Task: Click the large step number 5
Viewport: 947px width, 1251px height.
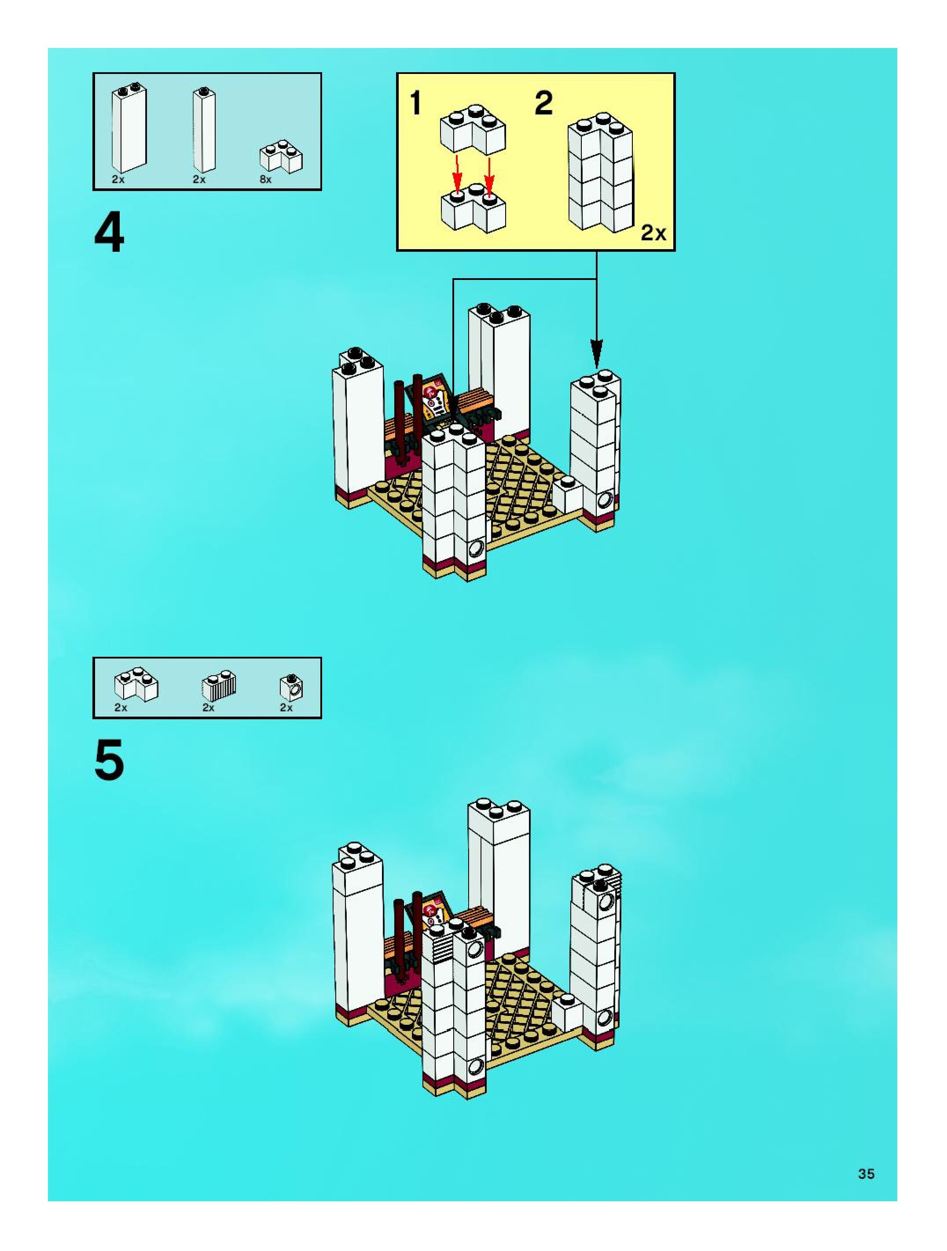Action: point(109,761)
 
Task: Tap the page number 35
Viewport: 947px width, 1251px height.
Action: point(866,1174)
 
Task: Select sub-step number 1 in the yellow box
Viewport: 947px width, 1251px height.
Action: point(415,103)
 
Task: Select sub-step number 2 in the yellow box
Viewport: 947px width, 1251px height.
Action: point(543,103)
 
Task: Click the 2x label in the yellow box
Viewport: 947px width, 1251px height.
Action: point(653,232)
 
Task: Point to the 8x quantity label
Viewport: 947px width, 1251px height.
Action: point(265,180)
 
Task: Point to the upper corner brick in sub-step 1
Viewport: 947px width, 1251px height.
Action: point(473,130)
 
